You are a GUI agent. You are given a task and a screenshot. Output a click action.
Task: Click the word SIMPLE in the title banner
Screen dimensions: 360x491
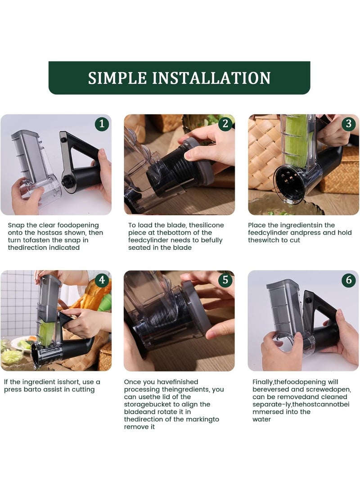click(117, 78)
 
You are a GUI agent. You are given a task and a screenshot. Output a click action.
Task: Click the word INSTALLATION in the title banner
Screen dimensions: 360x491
click(211, 78)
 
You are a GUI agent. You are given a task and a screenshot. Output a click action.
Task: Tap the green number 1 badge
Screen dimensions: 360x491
click(102, 124)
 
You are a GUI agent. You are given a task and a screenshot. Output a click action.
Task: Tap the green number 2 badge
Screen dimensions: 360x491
click(225, 124)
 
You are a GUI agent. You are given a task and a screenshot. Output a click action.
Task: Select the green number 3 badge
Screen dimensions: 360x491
click(349, 124)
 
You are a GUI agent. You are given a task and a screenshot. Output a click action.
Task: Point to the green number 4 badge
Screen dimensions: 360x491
click(102, 279)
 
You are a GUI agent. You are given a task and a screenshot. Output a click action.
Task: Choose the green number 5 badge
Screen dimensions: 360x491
click(225, 279)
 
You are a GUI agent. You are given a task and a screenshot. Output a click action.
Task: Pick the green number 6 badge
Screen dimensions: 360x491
click(349, 279)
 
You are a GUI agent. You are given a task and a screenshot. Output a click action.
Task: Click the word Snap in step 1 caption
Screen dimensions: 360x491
click(16, 225)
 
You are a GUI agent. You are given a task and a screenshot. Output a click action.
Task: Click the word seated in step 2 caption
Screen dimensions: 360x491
click(138, 248)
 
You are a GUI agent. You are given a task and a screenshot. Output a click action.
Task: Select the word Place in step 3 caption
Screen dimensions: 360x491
click(256, 225)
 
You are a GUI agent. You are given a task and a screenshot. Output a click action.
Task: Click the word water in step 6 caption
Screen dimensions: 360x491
click(262, 419)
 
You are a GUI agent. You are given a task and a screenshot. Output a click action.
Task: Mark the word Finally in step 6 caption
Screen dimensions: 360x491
click(263, 382)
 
